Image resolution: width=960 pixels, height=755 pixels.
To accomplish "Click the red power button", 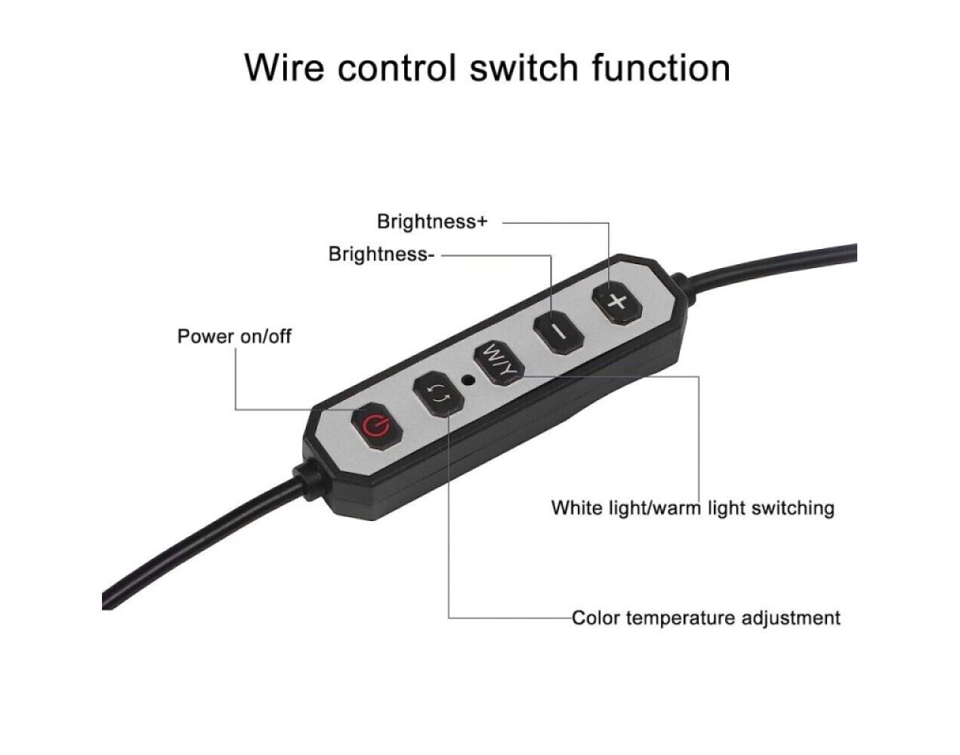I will pos(375,427).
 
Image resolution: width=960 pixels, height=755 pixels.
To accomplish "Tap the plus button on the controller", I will pos(617,302).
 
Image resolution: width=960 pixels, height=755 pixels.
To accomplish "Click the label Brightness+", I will pos(432,222).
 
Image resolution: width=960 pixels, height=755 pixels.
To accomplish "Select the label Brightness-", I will pos(381,254).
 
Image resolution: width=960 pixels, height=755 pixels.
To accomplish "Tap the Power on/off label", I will pos(234,336).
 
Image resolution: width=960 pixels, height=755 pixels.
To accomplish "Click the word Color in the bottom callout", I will pos(597,618).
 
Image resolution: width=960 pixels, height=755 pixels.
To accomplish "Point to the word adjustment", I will pos(791,618).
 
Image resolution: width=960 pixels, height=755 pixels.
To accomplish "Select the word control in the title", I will pos(397,67).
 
